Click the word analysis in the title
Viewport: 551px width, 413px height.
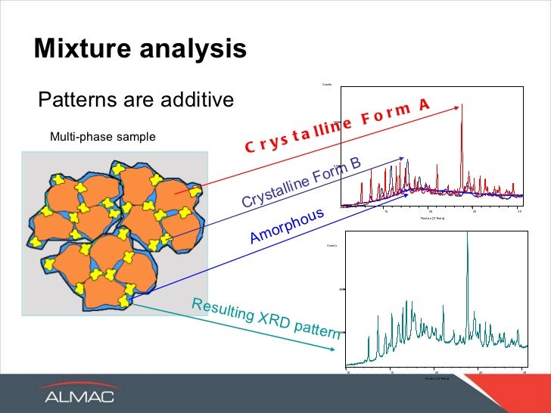coord(192,49)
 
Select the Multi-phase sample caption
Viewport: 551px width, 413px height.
coord(102,137)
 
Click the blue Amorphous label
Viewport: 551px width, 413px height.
coord(287,226)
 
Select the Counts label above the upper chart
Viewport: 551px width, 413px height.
coord(328,83)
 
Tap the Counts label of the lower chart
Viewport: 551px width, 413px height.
coord(332,246)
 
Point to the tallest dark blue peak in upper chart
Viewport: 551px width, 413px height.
coord(407,160)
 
